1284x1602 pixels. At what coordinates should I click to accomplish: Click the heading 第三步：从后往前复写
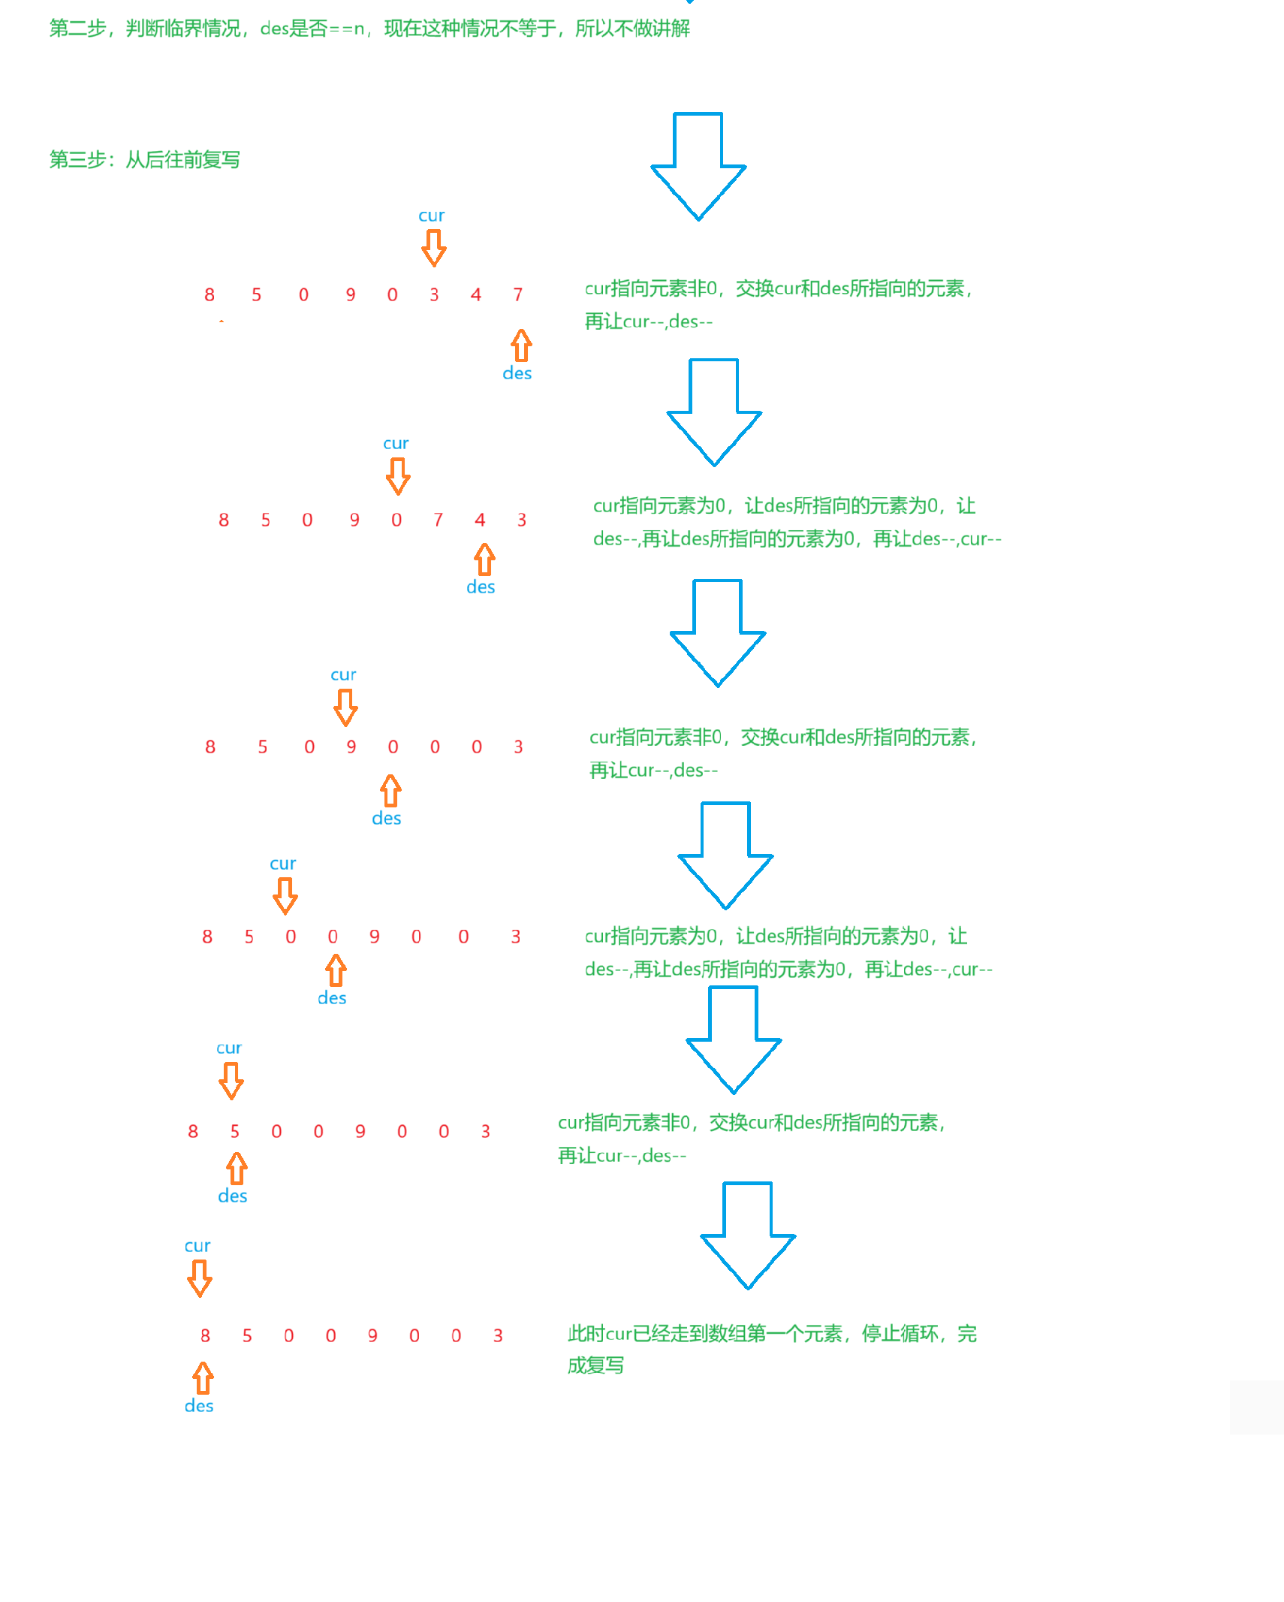144,160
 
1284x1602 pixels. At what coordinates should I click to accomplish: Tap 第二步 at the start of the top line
78,29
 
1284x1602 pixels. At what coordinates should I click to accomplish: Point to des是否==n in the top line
312,29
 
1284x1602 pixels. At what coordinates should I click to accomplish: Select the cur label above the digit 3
431,216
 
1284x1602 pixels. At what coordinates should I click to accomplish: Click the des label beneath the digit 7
517,373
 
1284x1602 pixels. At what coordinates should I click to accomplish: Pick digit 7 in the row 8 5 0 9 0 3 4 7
517,294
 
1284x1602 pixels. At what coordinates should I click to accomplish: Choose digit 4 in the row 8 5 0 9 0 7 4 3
480,520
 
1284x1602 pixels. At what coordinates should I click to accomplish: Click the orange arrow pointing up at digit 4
484,560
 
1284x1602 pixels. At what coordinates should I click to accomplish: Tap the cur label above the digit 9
343,674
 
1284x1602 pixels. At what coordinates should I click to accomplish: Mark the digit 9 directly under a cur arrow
351,747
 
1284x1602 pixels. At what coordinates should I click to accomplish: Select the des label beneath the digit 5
232,1196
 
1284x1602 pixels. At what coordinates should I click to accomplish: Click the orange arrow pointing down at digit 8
199,1278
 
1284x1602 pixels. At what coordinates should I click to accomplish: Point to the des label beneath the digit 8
199,1406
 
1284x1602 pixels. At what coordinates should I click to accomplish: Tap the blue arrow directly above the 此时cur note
747,1235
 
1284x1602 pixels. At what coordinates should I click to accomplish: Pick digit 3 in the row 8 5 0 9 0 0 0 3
518,747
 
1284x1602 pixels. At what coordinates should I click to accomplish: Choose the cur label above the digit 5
228,1048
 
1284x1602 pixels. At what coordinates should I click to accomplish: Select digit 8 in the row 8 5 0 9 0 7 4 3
224,520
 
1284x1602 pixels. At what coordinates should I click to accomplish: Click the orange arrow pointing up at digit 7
521,345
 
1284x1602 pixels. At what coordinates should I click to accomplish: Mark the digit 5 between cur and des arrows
235,1131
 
